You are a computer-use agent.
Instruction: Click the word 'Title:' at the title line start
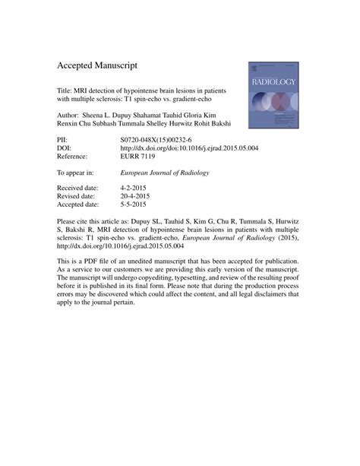66,89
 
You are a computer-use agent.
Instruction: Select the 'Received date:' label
80,187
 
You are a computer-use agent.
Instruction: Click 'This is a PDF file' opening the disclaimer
90,262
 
